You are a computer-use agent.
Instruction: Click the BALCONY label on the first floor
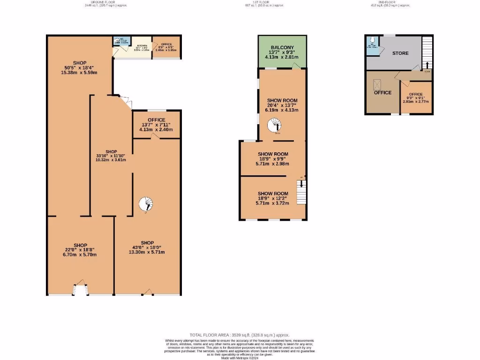click(x=281, y=47)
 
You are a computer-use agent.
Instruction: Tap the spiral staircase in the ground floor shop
click(x=146, y=204)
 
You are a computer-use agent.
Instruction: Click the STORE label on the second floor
click(x=400, y=53)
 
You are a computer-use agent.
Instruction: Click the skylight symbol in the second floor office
click(x=377, y=84)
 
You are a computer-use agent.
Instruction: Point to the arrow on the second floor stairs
click(x=427, y=64)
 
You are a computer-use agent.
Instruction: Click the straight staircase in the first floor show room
click(x=301, y=191)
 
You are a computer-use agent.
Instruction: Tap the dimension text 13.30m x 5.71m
click(x=147, y=252)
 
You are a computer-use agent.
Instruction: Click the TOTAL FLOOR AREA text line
click(x=240, y=335)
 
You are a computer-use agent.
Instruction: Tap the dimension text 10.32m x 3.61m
click(x=111, y=160)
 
